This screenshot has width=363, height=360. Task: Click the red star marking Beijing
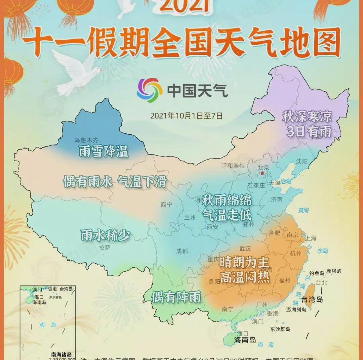tap(262, 173)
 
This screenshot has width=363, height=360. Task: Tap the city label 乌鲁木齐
tap(87, 140)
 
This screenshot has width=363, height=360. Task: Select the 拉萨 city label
tap(105, 248)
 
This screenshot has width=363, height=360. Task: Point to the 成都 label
tap(182, 251)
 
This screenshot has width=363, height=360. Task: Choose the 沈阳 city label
tap(302, 161)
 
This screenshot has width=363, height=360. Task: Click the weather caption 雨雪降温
tap(104, 151)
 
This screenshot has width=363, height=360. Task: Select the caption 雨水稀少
tap(105, 235)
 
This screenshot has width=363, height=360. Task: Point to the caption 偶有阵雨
tap(176, 297)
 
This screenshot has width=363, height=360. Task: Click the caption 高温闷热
tap(245, 277)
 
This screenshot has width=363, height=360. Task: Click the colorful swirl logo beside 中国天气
tap(150, 90)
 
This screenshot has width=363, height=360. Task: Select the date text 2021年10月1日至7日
tap(186, 116)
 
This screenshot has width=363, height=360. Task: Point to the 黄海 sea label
tap(304, 210)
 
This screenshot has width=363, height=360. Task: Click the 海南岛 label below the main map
tap(245, 340)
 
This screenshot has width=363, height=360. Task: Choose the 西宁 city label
tap(166, 205)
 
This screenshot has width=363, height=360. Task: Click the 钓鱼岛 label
tap(317, 273)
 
